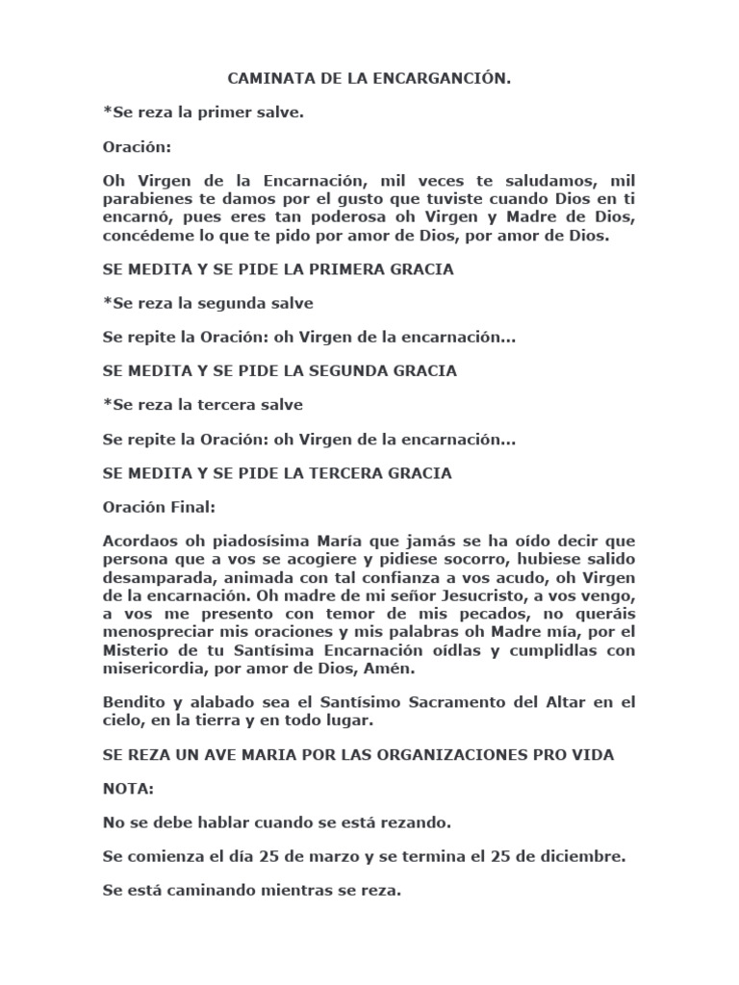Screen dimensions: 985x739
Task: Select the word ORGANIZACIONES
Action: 429,755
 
